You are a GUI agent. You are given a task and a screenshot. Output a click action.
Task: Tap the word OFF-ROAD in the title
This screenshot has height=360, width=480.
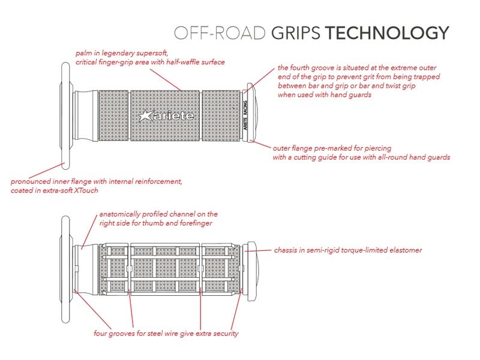(x=219, y=33)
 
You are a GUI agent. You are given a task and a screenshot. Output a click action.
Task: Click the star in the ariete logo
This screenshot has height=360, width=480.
(x=145, y=115)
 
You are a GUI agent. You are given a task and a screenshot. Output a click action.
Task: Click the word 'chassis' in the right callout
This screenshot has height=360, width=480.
(x=287, y=250)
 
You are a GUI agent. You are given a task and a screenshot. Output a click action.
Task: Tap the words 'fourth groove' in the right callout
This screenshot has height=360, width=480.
(x=311, y=67)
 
